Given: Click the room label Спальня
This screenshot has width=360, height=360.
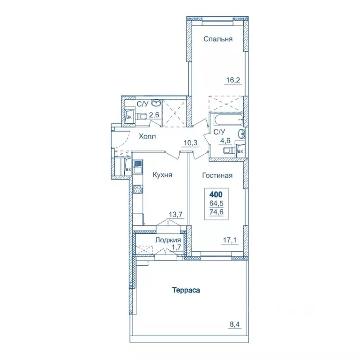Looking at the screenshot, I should tap(218, 39).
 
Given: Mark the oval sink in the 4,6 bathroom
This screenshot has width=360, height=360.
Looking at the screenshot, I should tap(241, 135).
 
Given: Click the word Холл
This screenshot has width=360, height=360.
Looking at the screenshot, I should tap(147, 136).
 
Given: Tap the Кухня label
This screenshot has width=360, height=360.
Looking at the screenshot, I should tap(163, 175).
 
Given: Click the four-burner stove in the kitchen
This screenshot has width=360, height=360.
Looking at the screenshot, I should tap(138, 190).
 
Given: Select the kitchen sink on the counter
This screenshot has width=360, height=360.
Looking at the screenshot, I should tap(138, 165).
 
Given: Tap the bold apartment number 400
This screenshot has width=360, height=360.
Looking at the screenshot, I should tap(217, 194).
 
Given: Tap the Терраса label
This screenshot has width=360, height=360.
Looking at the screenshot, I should tap(185, 290).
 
